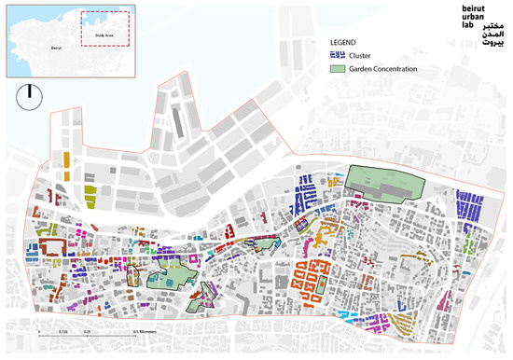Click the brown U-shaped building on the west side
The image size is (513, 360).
[x=53, y=247]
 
